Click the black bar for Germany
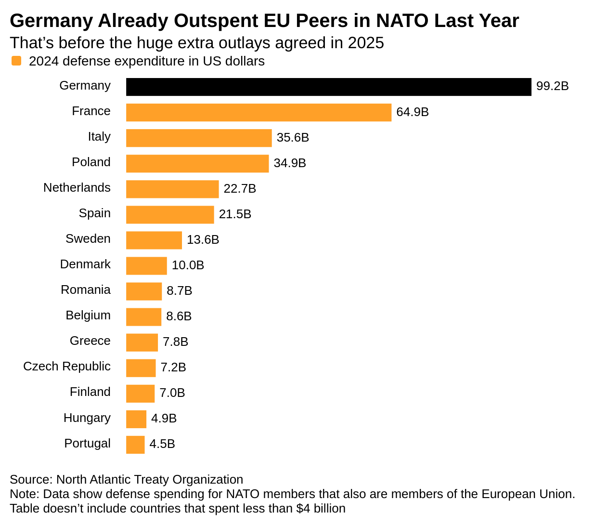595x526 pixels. coord(328,87)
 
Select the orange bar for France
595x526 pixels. coord(259,112)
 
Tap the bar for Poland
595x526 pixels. coord(197,163)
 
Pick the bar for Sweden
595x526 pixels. coord(154,240)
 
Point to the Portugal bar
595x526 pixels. coord(135,445)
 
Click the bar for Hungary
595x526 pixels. coord(136,419)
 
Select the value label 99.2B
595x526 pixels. coord(552,86)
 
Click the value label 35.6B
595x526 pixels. coord(293,138)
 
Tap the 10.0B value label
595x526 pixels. coord(188,265)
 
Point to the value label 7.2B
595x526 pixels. coord(173,368)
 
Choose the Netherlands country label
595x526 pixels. coord(77,188)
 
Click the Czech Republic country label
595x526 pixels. coord(67,367)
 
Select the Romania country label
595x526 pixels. coord(86,290)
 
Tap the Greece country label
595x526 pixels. coord(90,341)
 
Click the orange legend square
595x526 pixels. coord(16,61)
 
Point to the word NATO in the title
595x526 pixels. coord(402,21)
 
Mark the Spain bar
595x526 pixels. coord(170,214)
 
